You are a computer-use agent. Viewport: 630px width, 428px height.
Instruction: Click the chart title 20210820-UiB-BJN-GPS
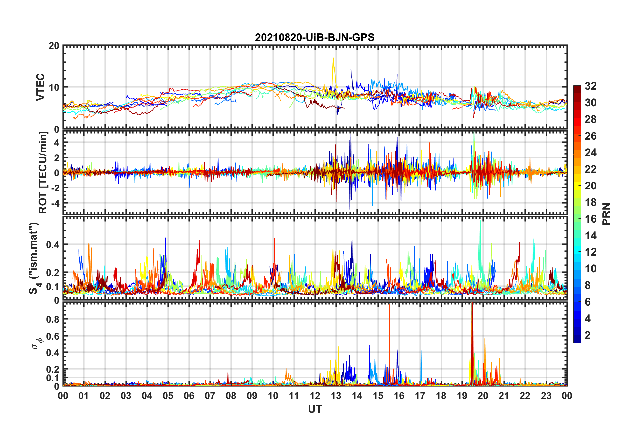point(315,37)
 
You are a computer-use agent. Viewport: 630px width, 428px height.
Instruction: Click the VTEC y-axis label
point(40,87)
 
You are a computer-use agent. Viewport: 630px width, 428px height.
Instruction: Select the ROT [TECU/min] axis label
point(43,172)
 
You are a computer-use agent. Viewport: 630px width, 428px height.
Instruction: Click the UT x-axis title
point(315,409)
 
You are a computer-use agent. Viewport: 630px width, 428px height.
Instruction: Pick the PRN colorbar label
point(606,214)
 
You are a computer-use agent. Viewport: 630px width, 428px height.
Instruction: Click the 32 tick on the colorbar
point(590,86)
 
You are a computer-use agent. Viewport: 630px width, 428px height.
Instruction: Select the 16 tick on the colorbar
point(590,219)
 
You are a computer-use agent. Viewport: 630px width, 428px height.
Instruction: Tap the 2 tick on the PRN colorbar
point(588,335)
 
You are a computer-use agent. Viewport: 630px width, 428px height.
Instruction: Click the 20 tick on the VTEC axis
point(54,46)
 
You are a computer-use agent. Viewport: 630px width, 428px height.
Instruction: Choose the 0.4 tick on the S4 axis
point(53,245)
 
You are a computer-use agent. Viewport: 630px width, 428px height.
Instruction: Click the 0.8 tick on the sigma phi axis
point(53,319)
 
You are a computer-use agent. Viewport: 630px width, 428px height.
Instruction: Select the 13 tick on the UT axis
point(336,396)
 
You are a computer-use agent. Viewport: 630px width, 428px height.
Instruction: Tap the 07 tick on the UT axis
point(210,396)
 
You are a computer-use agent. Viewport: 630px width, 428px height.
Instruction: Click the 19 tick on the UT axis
point(462,396)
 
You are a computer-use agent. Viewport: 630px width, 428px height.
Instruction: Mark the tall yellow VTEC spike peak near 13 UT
point(333,58)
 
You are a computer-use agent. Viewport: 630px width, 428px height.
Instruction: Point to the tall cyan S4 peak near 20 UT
point(480,220)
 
